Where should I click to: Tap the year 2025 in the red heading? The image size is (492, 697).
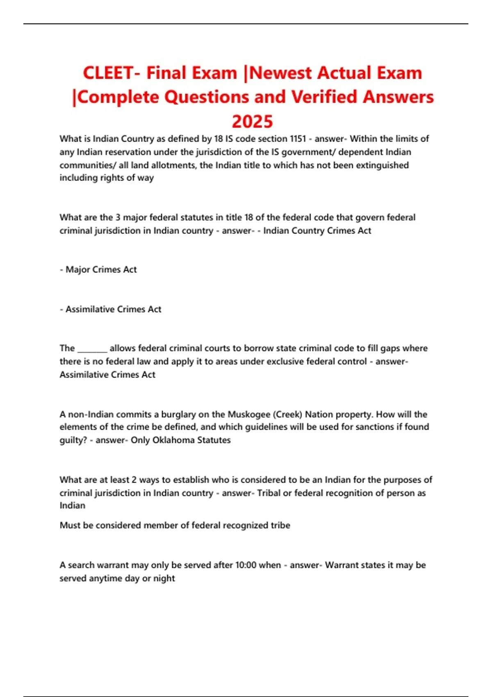pyautogui.click(x=252, y=121)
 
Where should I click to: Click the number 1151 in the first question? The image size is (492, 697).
pyautogui.click(x=298, y=139)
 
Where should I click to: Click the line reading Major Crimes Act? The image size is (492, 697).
pyautogui.click(x=101, y=269)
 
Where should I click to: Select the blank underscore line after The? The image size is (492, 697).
pyautogui.click(x=92, y=349)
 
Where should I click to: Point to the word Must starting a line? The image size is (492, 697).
pyautogui.click(x=70, y=525)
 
